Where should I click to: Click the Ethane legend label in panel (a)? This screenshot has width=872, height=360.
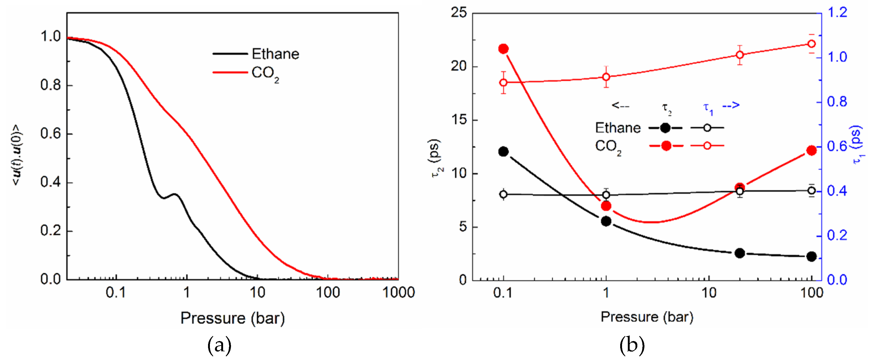click(275, 54)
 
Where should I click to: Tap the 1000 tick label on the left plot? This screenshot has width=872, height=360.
click(398, 292)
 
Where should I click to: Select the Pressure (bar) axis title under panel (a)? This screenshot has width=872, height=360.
click(233, 318)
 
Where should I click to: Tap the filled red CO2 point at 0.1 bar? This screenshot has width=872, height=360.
click(503, 49)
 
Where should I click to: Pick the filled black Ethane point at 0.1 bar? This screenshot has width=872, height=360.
click(503, 152)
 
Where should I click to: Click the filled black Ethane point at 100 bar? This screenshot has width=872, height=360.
click(811, 256)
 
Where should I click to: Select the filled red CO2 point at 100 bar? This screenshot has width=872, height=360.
click(811, 150)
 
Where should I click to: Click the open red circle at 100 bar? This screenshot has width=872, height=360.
click(811, 44)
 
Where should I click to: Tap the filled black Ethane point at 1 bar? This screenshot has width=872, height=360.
click(606, 221)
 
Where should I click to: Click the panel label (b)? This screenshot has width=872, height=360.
click(632, 346)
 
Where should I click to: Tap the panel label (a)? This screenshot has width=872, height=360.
click(219, 346)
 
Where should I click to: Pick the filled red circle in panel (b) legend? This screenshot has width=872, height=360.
click(666, 146)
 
